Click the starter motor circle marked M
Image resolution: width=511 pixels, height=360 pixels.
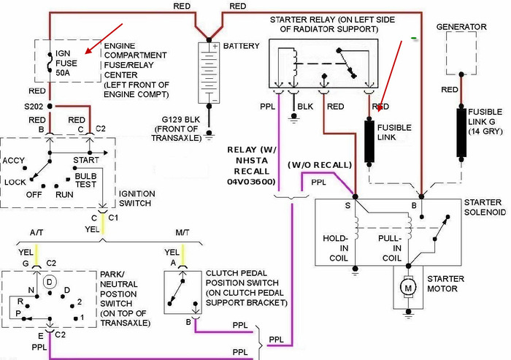click(408, 288)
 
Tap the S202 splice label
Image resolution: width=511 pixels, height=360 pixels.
click(34, 107)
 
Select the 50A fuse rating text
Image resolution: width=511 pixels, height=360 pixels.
click(63, 73)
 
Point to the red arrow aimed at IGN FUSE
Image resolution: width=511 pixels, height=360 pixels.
click(104, 38)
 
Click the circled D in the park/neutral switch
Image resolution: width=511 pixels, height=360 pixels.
click(50, 281)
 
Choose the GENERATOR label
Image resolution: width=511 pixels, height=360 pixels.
click(461, 27)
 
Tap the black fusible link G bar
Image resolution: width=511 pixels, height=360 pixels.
click(461, 133)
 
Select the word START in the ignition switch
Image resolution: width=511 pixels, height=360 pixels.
click(86, 160)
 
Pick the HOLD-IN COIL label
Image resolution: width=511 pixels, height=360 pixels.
click(336, 248)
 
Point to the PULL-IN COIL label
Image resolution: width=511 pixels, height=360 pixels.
click(390, 248)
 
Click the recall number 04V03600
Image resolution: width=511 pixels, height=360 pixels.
click(251, 182)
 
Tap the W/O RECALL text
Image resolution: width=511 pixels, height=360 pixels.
click(320, 165)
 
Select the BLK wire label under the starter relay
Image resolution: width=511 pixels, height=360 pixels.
click(305, 107)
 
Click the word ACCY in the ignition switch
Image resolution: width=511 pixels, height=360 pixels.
click(13, 161)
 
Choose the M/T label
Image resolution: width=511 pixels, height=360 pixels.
click(182, 233)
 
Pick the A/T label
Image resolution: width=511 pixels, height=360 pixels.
click(36, 233)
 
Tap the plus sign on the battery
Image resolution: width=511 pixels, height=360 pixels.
click(215, 46)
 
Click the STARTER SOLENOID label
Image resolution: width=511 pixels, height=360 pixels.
click(485, 207)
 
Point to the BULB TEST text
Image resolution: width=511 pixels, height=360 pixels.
click(85, 180)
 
